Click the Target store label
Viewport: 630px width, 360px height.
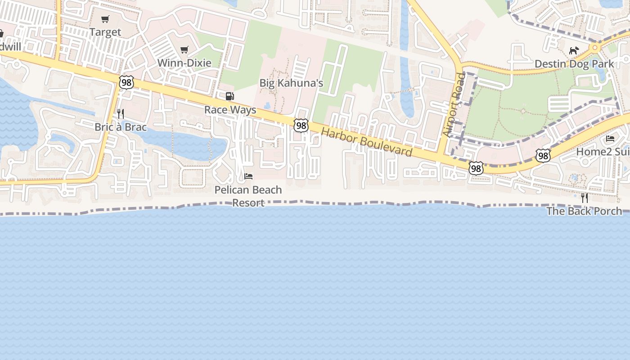(105, 32)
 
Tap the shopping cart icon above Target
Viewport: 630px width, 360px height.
(105, 19)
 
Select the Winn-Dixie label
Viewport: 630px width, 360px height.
(184, 63)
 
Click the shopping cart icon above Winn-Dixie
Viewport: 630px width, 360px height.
(184, 49)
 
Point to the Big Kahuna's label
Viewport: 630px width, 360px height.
(291, 83)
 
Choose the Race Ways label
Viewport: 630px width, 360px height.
(230, 110)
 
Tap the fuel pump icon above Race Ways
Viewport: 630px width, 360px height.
(229, 96)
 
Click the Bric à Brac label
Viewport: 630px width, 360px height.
(121, 127)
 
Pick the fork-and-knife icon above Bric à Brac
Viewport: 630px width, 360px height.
(120, 113)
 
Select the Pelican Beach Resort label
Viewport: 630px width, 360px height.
(248, 196)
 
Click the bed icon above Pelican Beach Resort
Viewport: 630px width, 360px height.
(248, 176)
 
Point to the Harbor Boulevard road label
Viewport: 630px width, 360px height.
(367, 142)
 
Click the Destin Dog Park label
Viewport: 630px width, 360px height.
(574, 64)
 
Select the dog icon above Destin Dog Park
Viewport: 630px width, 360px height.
(573, 50)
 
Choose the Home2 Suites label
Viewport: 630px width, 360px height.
(603, 152)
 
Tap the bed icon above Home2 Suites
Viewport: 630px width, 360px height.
(610, 138)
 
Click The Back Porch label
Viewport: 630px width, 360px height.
(584, 211)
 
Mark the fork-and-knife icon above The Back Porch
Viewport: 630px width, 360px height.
(584, 198)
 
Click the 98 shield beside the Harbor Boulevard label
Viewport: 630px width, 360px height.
(301, 126)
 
